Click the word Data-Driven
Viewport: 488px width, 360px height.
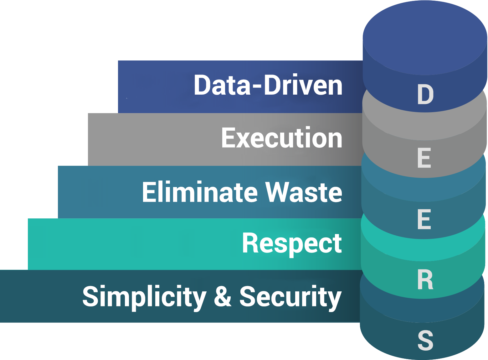click(x=268, y=85)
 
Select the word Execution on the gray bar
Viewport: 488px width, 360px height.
click(x=282, y=137)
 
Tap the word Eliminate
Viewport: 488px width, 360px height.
click(x=200, y=192)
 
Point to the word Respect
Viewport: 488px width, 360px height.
click(x=292, y=244)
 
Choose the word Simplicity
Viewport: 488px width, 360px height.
click(x=144, y=298)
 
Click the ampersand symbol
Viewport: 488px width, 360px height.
click(x=223, y=296)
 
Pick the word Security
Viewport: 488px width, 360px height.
click(x=290, y=298)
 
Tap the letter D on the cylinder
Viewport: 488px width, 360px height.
click(x=425, y=94)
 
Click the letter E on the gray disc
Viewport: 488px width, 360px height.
click(x=424, y=158)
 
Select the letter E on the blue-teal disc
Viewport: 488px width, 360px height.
click(x=424, y=219)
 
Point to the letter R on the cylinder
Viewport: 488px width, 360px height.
click(x=425, y=279)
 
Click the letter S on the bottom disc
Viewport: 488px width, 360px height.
click(x=425, y=340)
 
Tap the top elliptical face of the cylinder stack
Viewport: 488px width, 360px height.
click(x=425, y=38)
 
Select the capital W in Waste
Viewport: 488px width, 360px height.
click(x=277, y=192)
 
